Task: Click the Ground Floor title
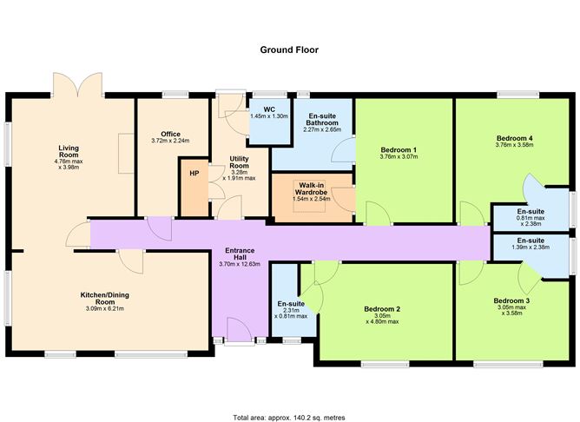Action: pos(289,49)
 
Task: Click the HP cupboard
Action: pos(194,173)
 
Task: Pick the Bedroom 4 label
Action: pos(515,138)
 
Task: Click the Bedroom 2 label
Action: pos(381,309)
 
